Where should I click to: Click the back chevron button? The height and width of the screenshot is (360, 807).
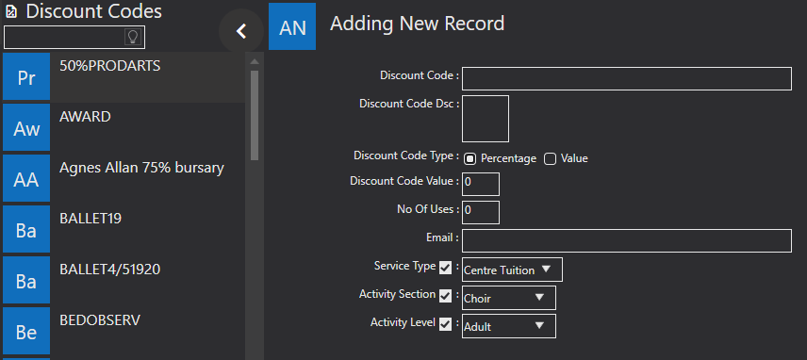[240, 31]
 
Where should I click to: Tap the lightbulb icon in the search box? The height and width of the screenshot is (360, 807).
[133, 37]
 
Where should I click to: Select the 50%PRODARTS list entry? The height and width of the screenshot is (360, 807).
[124, 76]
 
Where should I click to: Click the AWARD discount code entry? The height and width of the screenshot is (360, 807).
[124, 127]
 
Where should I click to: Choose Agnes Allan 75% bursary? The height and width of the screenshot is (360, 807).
[124, 178]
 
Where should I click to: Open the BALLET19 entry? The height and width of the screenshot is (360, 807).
[124, 229]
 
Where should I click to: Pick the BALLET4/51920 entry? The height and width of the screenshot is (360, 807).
[124, 280]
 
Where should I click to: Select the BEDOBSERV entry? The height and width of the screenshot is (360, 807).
[124, 331]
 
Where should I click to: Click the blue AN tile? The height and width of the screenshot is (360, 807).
[292, 26]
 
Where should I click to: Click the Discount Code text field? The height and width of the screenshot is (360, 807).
[626, 78]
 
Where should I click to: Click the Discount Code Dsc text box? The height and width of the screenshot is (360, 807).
[486, 119]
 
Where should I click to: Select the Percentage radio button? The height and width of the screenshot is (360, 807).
[469, 159]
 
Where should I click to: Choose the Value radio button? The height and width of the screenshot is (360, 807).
[551, 159]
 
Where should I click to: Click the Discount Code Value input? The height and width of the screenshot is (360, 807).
[481, 184]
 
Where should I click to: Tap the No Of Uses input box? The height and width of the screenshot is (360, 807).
[481, 212]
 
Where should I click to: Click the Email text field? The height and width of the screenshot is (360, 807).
[626, 240]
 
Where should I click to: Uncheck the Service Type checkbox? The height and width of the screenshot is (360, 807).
[446, 268]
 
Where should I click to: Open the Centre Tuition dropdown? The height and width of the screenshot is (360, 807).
[512, 270]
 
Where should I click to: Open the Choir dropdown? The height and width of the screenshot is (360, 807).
[509, 298]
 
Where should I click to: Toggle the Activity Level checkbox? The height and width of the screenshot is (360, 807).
[446, 324]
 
